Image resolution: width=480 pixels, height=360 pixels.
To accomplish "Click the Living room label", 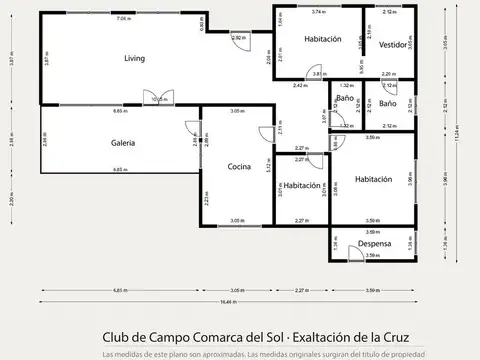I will click(x=134, y=58).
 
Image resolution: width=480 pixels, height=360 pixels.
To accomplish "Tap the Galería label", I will click(x=123, y=143).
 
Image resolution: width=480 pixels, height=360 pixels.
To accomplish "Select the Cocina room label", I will click(x=238, y=166).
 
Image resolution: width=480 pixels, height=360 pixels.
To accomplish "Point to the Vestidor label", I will click(x=393, y=45).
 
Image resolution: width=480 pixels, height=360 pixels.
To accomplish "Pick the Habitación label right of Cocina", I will click(x=301, y=186).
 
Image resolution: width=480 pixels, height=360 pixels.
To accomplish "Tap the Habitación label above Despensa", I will click(x=372, y=179).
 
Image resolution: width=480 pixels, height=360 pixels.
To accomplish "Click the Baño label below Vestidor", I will click(x=388, y=104).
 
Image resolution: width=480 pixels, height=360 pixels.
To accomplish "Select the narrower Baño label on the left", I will click(x=344, y=99).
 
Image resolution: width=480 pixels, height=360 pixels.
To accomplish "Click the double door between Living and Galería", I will click(x=157, y=100).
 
